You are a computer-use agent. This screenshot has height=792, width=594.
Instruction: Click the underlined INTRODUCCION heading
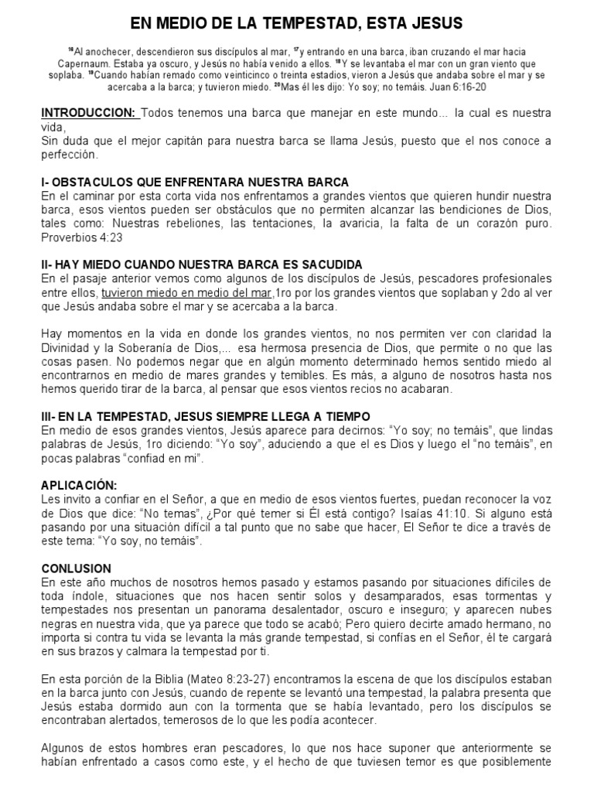(90, 114)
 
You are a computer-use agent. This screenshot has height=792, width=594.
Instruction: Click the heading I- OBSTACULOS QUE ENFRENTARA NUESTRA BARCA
(195, 183)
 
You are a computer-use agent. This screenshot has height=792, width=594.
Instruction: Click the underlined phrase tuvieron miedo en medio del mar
(187, 293)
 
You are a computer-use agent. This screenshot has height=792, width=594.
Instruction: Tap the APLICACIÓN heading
(79, 486)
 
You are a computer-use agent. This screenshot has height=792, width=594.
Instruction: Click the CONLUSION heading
(77, 568)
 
